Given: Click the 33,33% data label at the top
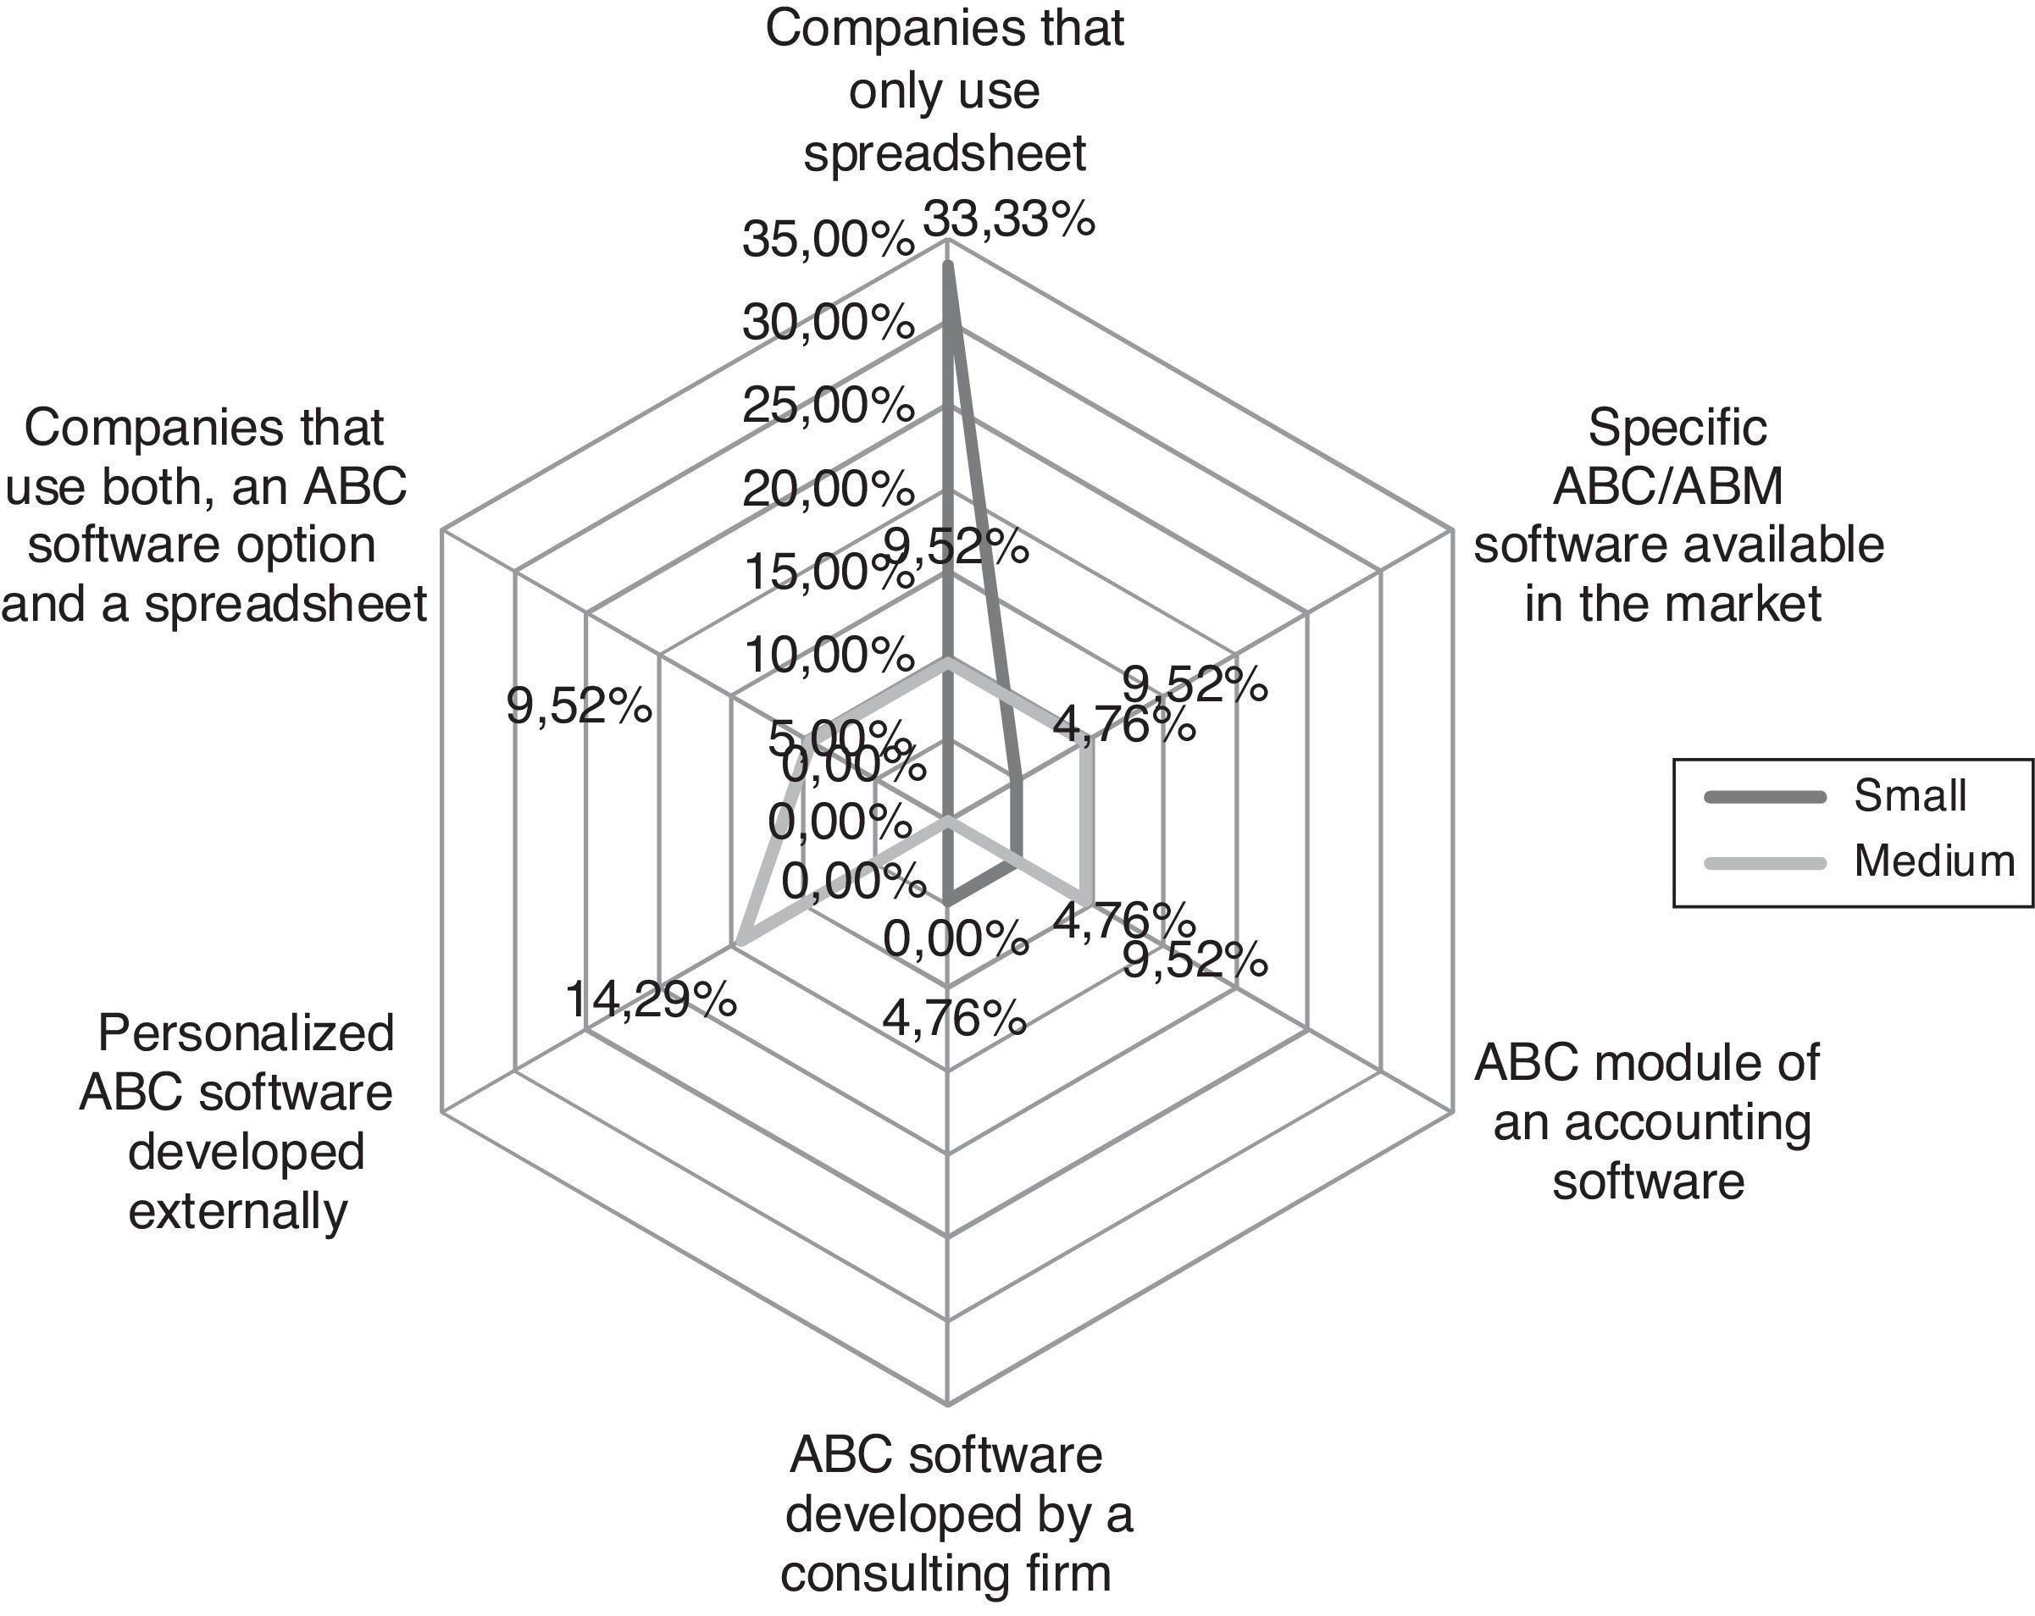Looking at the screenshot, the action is [1008, 219].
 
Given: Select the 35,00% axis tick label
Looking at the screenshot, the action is [828, 240].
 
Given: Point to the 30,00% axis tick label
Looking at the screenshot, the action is [828, 323].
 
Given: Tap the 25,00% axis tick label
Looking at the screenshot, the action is [828, 406].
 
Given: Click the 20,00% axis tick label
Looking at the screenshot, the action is [828, 489].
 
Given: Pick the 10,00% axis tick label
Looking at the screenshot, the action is [828, 654].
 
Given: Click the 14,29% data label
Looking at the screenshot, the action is [651, 999].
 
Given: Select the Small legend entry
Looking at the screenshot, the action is [1910, 796].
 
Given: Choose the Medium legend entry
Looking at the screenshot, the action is [1934, 861].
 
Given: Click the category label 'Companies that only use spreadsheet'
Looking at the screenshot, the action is [944, 91].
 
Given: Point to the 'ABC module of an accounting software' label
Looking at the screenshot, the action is [1648, 1121].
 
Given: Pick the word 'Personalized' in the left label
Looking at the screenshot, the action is [246, 1033].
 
